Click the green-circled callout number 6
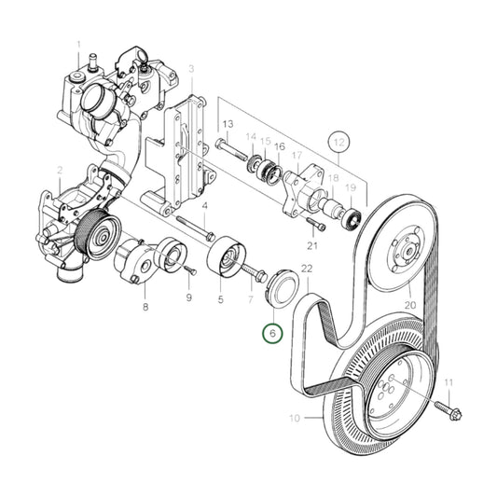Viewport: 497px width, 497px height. [x=272, y=333]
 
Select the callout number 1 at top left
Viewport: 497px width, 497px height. [x=79, y=44]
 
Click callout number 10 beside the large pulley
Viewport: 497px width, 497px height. [x=294, y=419]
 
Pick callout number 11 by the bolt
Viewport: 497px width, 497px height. [x=448, y=383]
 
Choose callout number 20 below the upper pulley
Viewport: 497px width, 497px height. [x=409, y=304]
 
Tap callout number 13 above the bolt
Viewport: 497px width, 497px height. [x=228, y=124]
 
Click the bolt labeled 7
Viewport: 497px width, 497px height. [x=252, y=271]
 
